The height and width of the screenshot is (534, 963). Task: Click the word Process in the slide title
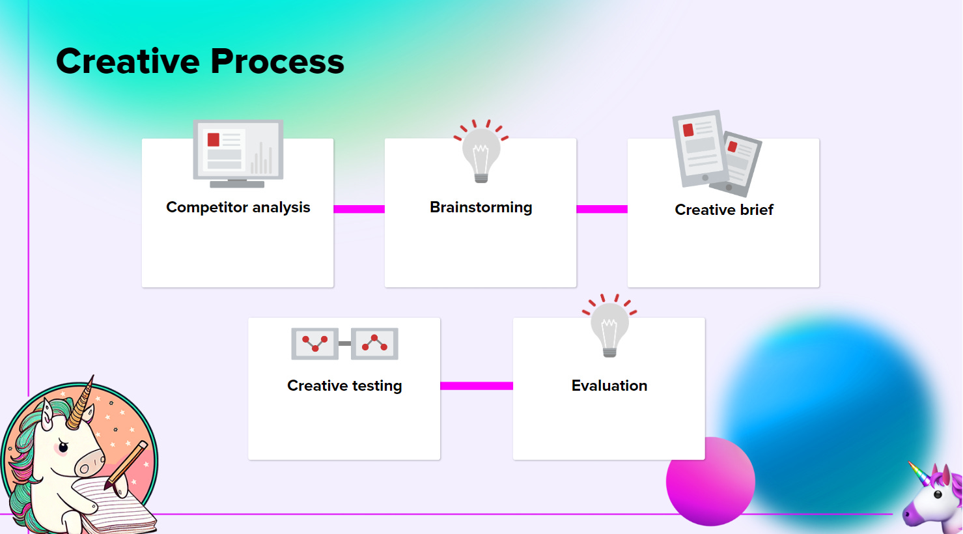277,61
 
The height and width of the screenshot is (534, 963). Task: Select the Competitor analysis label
238,207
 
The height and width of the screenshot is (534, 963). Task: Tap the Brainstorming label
481,207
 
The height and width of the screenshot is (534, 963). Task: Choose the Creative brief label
723,210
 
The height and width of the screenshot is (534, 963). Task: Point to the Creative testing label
344,386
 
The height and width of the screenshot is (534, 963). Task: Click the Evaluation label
609,386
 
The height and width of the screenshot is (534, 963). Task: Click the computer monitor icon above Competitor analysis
238,152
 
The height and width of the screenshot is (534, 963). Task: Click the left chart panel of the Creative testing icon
314,343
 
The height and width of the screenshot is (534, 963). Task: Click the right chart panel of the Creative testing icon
374,343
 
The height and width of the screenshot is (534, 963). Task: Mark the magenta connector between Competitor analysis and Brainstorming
359,209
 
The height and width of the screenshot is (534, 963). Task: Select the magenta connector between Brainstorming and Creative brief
602,209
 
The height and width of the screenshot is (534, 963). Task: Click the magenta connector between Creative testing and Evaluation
476,386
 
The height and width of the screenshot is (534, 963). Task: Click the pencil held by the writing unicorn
127,465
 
